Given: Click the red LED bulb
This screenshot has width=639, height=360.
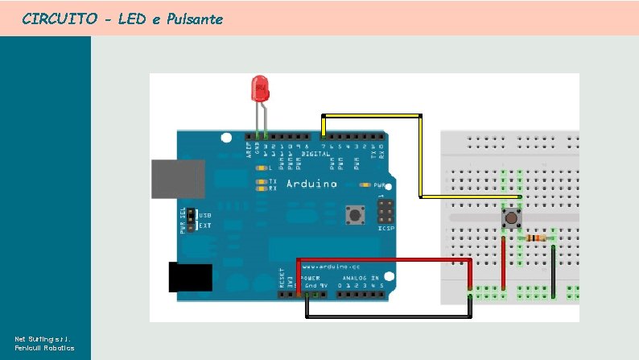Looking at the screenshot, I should tap(261, 89).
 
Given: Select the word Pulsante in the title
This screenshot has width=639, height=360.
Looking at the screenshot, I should tap(195, 18).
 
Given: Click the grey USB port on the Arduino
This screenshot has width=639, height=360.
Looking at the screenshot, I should tap(176, 178).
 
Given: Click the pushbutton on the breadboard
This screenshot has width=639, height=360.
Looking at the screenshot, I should tap(511, 218).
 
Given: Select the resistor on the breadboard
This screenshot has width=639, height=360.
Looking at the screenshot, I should tap(537, 238).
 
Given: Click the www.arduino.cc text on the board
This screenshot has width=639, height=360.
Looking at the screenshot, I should tap(340, 265).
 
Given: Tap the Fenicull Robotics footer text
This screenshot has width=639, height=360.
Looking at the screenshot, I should tap(45, 347).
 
